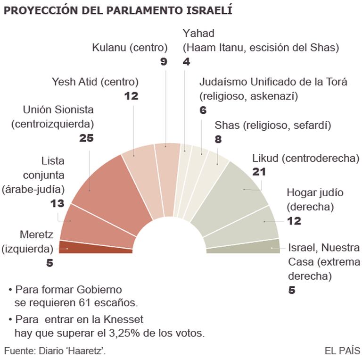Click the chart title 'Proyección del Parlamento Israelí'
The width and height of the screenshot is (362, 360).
118,10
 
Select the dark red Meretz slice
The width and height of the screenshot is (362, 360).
94,247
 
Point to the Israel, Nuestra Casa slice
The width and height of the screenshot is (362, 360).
245,247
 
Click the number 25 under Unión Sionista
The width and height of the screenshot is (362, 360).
87,138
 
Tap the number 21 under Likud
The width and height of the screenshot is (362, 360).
259,172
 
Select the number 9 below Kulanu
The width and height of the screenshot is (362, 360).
164,61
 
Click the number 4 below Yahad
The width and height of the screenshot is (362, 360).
186,61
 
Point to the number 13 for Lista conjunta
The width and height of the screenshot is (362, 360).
57,203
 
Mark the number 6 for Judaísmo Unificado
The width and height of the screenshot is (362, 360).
203,111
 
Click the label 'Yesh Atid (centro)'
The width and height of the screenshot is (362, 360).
95,82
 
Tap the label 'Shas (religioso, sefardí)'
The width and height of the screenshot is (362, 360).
273,125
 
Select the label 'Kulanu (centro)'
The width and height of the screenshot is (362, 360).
130,47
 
